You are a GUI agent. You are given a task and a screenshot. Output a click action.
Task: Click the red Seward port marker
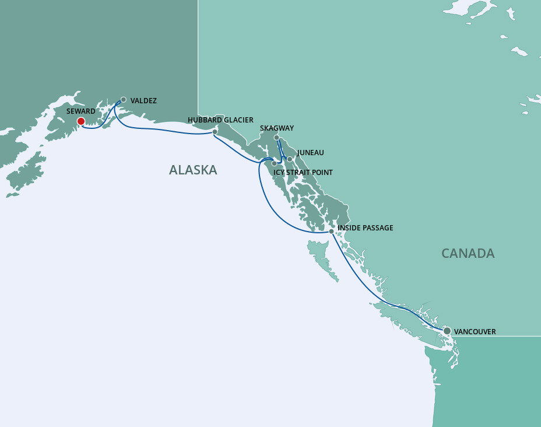tap(80, 121)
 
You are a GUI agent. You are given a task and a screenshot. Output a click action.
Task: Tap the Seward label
tap(80, 111)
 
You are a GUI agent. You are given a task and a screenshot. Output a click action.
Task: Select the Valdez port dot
tap(124, 100)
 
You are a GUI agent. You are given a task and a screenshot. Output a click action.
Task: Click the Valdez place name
tap(143, 101)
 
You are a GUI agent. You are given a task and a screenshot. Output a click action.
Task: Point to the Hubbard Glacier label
tap(220, 120)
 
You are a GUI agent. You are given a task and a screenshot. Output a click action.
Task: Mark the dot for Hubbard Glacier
tap(215, 132)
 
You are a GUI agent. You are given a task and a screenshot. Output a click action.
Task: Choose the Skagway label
tap(276, 128)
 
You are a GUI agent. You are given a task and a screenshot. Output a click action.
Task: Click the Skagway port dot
tap(276, 138)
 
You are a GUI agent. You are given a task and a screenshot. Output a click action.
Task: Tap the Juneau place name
tap(310, 153)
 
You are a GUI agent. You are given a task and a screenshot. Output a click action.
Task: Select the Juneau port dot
tap(289, 159)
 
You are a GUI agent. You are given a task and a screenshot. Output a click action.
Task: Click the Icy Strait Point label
tap(303, 173)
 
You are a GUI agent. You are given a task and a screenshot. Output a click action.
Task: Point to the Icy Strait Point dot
tap(274, 164)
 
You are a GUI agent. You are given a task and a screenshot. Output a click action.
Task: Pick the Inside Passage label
tap(366, 228)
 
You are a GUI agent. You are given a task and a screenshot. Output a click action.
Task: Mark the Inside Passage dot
tap(331, 232)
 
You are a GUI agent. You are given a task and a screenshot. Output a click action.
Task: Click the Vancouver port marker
tap(447, 331)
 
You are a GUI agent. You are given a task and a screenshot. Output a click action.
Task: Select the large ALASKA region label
tap(193, 170)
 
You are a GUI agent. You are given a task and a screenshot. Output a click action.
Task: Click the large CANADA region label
tap(468, 253)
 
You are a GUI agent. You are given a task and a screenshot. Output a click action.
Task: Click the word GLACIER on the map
tap(237, 120)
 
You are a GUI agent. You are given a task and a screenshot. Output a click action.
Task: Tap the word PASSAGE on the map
tap(378, 228)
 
